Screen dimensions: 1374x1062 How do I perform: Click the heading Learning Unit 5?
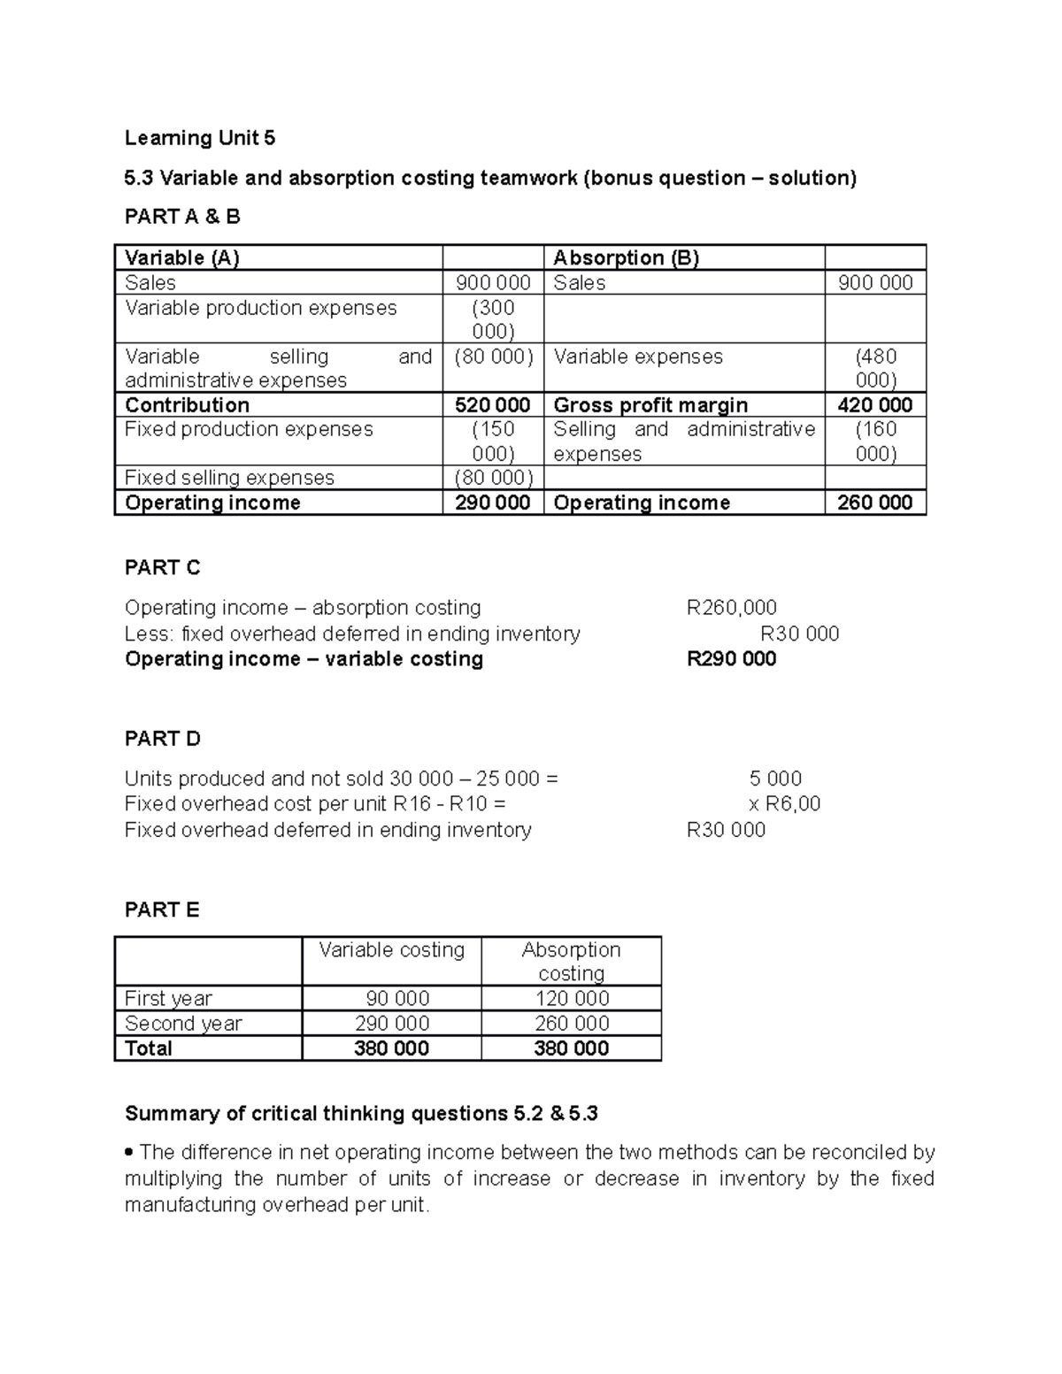click(x=200, y=138)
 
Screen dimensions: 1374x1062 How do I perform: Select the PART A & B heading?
click(x=182, y=217)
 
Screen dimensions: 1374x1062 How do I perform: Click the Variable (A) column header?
click(x=182, y=258)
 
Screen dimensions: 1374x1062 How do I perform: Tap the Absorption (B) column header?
click(x=626, y=258)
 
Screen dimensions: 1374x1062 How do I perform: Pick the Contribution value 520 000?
click(x=492, y=405)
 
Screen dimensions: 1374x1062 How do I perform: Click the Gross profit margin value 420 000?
click(x=874, y=405)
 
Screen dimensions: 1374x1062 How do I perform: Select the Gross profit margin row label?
click(x=650, y=405)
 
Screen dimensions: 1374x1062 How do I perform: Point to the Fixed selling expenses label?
click(x=229, y=478)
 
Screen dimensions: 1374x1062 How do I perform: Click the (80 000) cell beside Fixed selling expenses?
click(x=492, y=478)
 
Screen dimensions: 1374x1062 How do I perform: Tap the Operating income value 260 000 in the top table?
click(x=874, y=503)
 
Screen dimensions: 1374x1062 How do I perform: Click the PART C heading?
click(x=163, y=568)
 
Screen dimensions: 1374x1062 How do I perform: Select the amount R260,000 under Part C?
click(x=731, y=608)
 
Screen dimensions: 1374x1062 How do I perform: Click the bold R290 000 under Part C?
click(x=731, y=659)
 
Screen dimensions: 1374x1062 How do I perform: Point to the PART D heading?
click(x=163, y=739)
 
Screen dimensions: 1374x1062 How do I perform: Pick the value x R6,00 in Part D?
click(x=784, y=804)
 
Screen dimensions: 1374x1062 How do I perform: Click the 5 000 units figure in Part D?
click(x=775, y=779)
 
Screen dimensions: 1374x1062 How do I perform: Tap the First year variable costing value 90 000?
click(x=397, y=999)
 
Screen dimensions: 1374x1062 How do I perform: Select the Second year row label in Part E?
click(x=183, y=1024)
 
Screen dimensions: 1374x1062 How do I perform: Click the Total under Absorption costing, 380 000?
click(x=571, y=1048)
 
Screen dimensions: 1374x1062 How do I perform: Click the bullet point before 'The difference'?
click(x=130, y=1153)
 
